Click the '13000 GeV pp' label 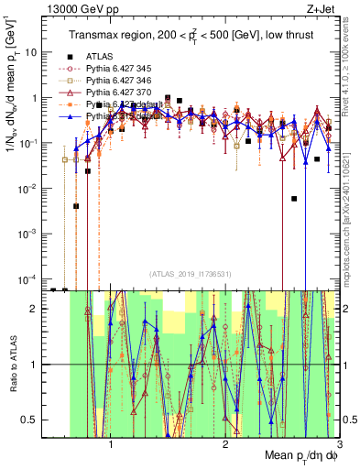click(x=79, y=8)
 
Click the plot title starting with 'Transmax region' click(x=194, y=35)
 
